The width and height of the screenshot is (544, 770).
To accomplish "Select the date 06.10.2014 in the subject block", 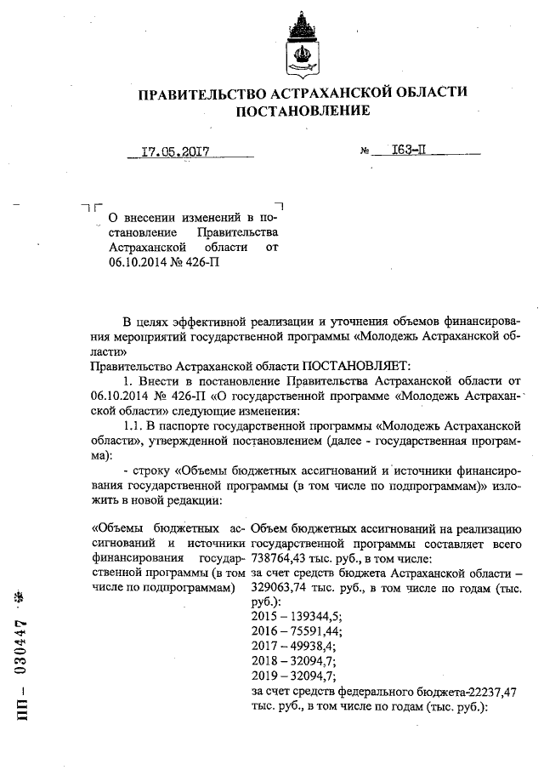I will [139, 262].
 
